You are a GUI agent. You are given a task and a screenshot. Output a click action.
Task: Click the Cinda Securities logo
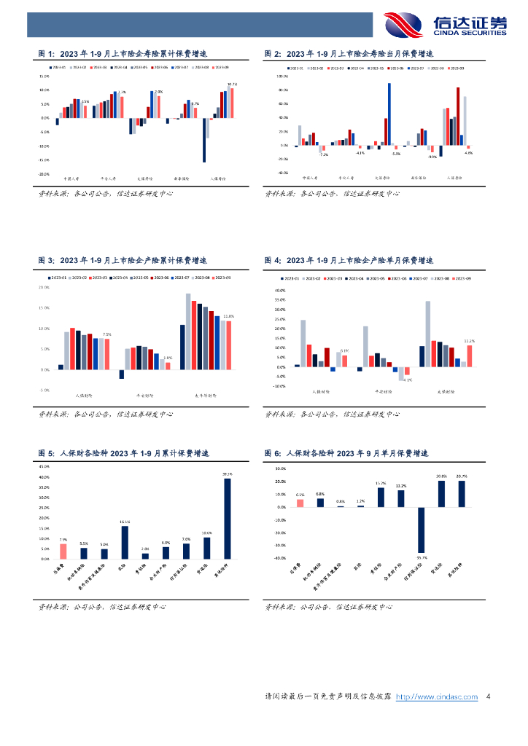pyautogui.click(x=445, y=25)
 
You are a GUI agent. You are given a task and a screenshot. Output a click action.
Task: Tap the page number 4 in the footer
pyautogui.click(x=488, y=697)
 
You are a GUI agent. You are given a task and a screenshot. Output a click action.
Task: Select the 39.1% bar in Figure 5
pyautogui.click(x=228, y=518)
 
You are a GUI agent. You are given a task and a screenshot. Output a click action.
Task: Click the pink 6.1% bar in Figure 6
pyautogui.click(x=300, y=503)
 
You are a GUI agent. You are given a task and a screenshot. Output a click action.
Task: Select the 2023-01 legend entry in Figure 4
pyautogui.click(x=289, y=278)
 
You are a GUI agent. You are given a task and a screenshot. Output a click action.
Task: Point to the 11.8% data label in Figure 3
pyautogui.click(x=228, y=316)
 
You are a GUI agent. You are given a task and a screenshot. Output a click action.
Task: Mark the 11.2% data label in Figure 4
pyautogui.click(x=470, y=341)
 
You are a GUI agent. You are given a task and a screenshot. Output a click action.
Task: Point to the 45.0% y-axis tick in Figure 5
pyautogui.click(x=44, y=466)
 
